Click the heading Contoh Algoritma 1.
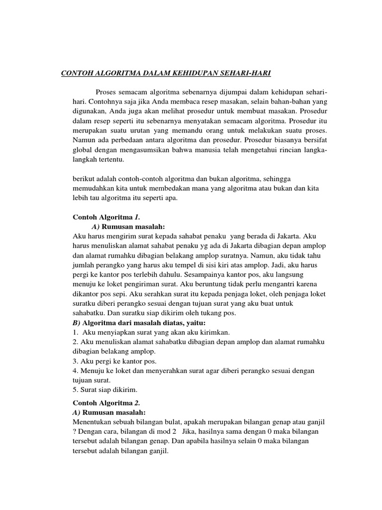point(102,217)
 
